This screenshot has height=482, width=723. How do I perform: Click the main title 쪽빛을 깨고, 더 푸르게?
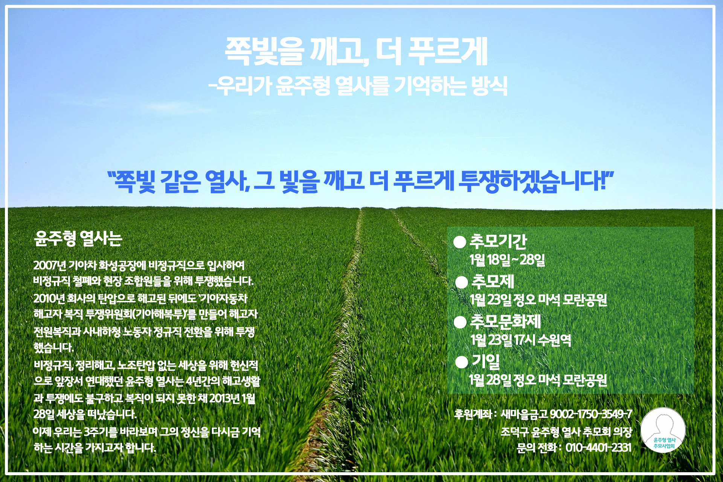point(356,52)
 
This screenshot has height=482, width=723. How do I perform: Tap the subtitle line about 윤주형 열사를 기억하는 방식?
point(358,86)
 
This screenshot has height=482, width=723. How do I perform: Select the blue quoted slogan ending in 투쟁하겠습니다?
point(360,181)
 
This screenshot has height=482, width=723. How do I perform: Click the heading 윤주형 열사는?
point(78,238)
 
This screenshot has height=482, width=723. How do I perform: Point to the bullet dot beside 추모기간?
point(460,242)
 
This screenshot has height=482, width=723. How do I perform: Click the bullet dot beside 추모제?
point(461,282)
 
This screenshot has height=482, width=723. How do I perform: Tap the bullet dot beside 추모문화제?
point(460,322)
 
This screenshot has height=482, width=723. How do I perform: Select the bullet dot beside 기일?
point(462,362)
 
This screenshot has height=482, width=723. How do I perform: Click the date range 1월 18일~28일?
point(507,260)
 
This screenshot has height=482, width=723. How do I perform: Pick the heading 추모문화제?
point(505,322)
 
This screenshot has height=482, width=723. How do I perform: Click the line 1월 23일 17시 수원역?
point(520,340)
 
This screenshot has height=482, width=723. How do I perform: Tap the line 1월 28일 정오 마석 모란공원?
point(538,380)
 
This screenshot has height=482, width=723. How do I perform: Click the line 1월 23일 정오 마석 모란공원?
point(538,300)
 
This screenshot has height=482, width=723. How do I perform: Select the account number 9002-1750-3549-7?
point(591,414)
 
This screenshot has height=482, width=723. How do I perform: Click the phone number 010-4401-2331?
point(598,447)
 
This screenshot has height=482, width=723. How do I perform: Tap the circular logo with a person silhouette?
point(663,430)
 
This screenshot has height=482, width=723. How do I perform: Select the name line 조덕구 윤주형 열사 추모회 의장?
point(566,432)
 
